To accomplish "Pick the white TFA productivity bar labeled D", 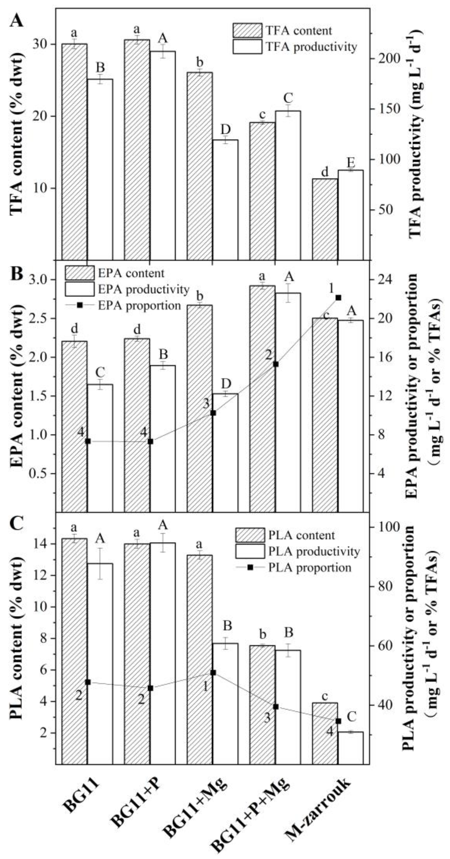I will pos(225,200).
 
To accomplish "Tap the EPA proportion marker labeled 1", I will pos(338,297).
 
